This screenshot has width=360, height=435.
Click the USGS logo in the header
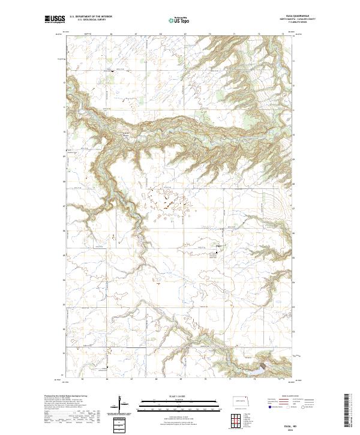[55, 20]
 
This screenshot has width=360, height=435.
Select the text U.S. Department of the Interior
[91, 17]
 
